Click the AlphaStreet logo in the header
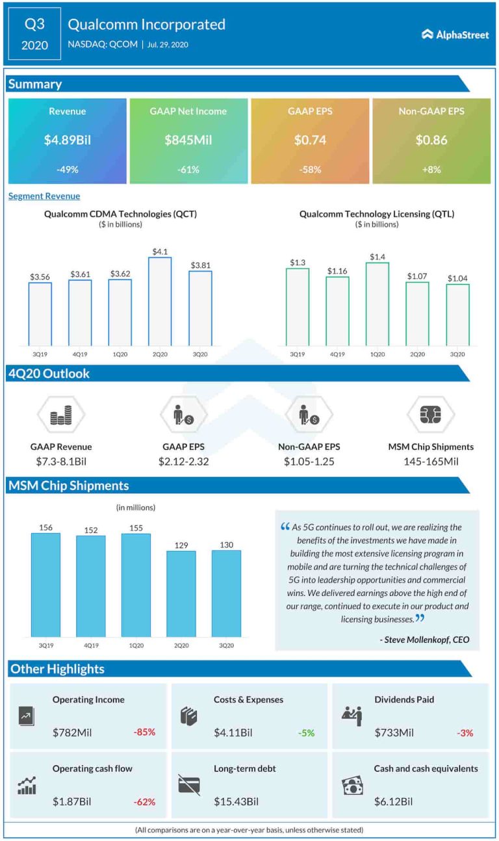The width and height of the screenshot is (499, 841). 455,34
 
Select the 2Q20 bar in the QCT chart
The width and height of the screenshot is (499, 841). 160,302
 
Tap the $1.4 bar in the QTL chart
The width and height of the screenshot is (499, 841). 377,304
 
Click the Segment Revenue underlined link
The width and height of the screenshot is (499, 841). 44,196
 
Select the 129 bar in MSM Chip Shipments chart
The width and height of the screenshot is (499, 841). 181,594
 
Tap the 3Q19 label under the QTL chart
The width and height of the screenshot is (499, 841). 298,354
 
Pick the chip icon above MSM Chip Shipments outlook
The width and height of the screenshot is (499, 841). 431,414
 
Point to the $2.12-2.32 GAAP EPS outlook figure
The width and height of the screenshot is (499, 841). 184,461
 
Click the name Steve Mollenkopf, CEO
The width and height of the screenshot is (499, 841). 424,640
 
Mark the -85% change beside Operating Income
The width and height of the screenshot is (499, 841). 144,732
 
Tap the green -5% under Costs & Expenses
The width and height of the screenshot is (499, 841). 306,732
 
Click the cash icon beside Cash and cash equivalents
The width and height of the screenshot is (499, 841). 352,786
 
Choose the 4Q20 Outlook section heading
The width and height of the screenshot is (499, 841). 49,374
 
